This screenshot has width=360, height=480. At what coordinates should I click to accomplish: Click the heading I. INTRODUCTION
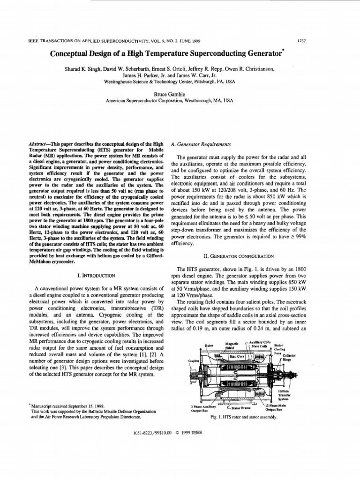tap(97, 277)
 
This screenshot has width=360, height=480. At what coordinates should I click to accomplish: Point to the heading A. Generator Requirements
tap(202, 143)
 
